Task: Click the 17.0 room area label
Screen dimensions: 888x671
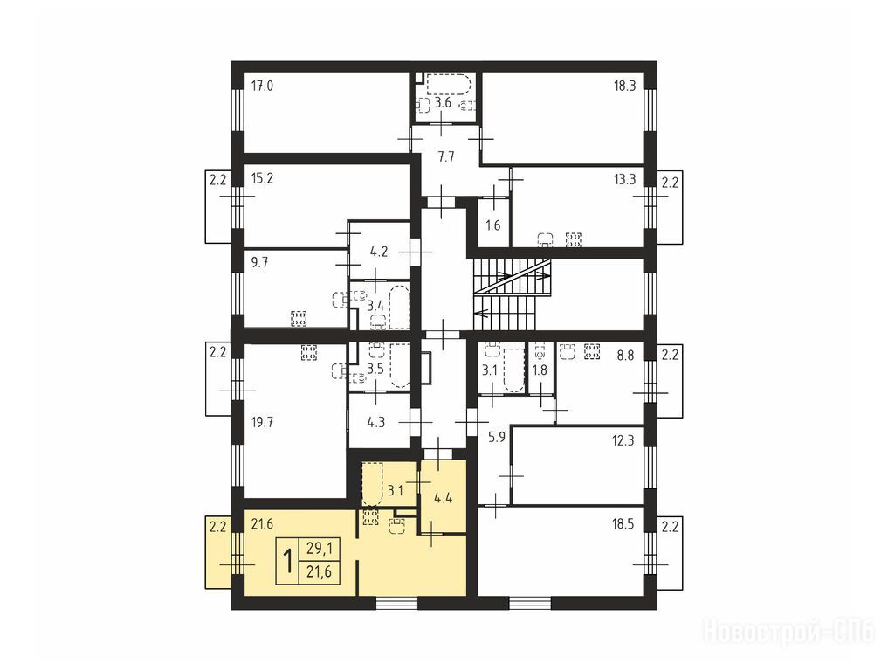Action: point(262,86)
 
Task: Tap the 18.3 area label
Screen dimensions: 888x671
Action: point(624,86)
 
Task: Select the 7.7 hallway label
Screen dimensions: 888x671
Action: point(447,157)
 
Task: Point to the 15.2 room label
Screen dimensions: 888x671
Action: point(262,178)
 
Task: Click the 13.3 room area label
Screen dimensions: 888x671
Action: point(624,180)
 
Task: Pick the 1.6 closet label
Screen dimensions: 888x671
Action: point(493,225)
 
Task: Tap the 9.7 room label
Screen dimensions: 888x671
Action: point(260,263)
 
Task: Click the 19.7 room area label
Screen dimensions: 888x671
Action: point(262,422)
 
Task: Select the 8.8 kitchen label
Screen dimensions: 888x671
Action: point(626,356)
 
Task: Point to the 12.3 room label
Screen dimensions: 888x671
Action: point(623,440)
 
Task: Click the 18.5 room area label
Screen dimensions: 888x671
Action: point(623,524)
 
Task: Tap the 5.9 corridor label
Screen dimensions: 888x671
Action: point(496,438)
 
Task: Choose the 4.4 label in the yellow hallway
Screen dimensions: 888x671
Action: point(443,498)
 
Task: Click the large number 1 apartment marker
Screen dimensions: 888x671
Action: point(287,561)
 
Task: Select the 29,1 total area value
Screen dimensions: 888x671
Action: point(320,549)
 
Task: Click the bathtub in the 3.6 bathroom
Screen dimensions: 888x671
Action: point(447,85)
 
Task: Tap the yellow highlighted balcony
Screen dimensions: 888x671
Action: point(218,552)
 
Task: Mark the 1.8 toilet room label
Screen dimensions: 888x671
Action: point(540,370)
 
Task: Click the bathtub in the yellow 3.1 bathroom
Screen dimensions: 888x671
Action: point(373,484)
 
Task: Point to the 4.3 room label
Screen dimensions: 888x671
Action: point(376,422)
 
